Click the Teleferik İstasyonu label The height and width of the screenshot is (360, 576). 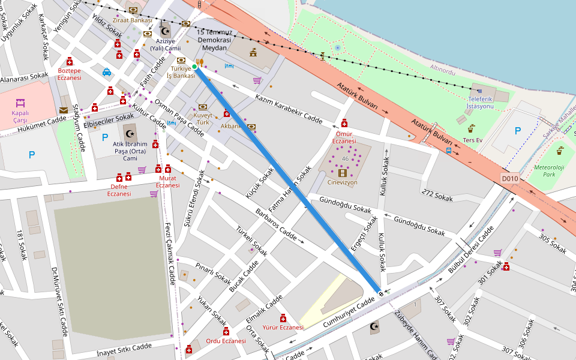(479, 103)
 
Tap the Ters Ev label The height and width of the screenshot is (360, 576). (472, 140)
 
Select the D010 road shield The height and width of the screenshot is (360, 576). (509, 178)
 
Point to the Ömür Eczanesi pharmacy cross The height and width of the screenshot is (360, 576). (344, 123)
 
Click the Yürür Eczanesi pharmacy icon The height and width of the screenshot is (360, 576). (283, 318)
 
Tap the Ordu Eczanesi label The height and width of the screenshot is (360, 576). (226, 341)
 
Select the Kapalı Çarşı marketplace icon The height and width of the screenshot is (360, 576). (20, 103)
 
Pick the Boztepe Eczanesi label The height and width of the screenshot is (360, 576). (69, 74)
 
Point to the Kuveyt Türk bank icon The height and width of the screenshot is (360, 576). (203, 107)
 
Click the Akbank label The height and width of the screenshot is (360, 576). (230, 127)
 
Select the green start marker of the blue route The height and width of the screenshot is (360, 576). (195, 67)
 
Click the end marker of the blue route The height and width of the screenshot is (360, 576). (380, 292)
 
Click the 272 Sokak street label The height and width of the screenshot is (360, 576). (437, 195)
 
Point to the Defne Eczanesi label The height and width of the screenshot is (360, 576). (119, 190)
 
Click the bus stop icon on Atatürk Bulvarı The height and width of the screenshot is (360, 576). (449, 151)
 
